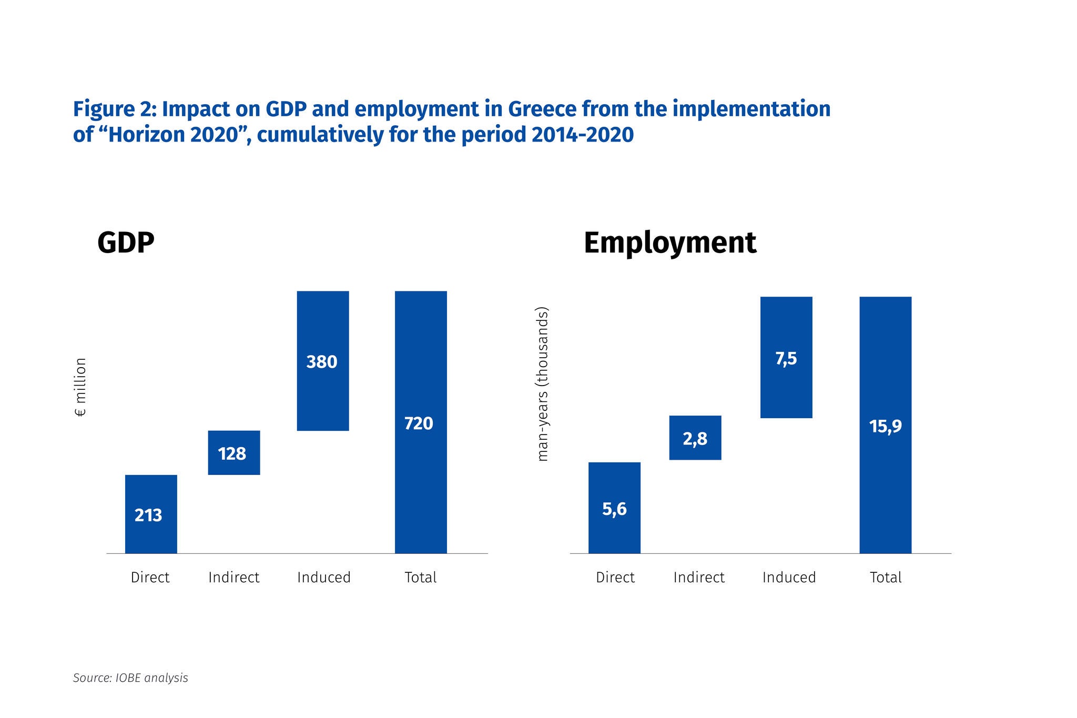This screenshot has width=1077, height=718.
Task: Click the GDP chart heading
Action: point(126,242)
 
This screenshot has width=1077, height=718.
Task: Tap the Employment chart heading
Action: point(669,242)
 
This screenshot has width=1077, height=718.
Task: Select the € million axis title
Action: point(80,387)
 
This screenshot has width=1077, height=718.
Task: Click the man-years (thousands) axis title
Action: point(543,384)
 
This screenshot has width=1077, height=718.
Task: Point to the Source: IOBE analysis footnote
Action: point(130,678)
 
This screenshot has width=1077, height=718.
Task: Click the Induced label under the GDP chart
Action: point(324,578)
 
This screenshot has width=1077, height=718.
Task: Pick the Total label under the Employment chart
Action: point(886,578)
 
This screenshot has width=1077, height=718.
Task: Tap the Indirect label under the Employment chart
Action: point(699,578)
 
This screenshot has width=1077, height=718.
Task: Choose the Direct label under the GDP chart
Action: point(150,578)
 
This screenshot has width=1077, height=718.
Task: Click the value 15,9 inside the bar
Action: point(886,426)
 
